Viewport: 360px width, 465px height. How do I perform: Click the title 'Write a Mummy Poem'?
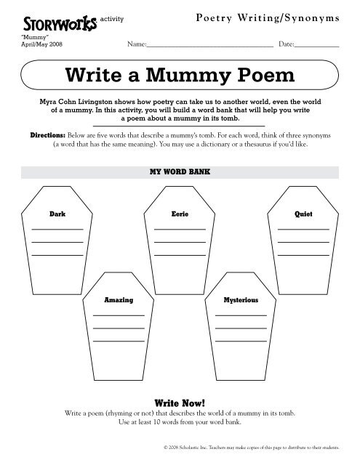pos(180,75)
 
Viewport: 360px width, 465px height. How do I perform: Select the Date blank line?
pos(317,46)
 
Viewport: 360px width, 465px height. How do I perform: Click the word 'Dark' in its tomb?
pos(57,216)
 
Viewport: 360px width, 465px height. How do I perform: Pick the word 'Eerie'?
pos(180,216)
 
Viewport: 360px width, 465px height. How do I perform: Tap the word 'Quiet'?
pos(303,216)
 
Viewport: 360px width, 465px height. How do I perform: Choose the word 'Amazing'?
pos(119,299)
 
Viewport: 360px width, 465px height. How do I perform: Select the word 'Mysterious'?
pos(241,299)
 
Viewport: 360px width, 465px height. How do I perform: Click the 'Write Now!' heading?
pos(180,401)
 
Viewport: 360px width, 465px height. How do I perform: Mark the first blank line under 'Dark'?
pos(57,230)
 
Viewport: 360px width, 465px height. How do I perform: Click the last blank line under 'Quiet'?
pos(303,254)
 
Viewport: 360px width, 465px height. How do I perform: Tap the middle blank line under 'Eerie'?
pos(180,242)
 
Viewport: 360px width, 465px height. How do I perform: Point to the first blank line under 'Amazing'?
pos(119,314)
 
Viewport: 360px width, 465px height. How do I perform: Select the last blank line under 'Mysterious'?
pos(241,339)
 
